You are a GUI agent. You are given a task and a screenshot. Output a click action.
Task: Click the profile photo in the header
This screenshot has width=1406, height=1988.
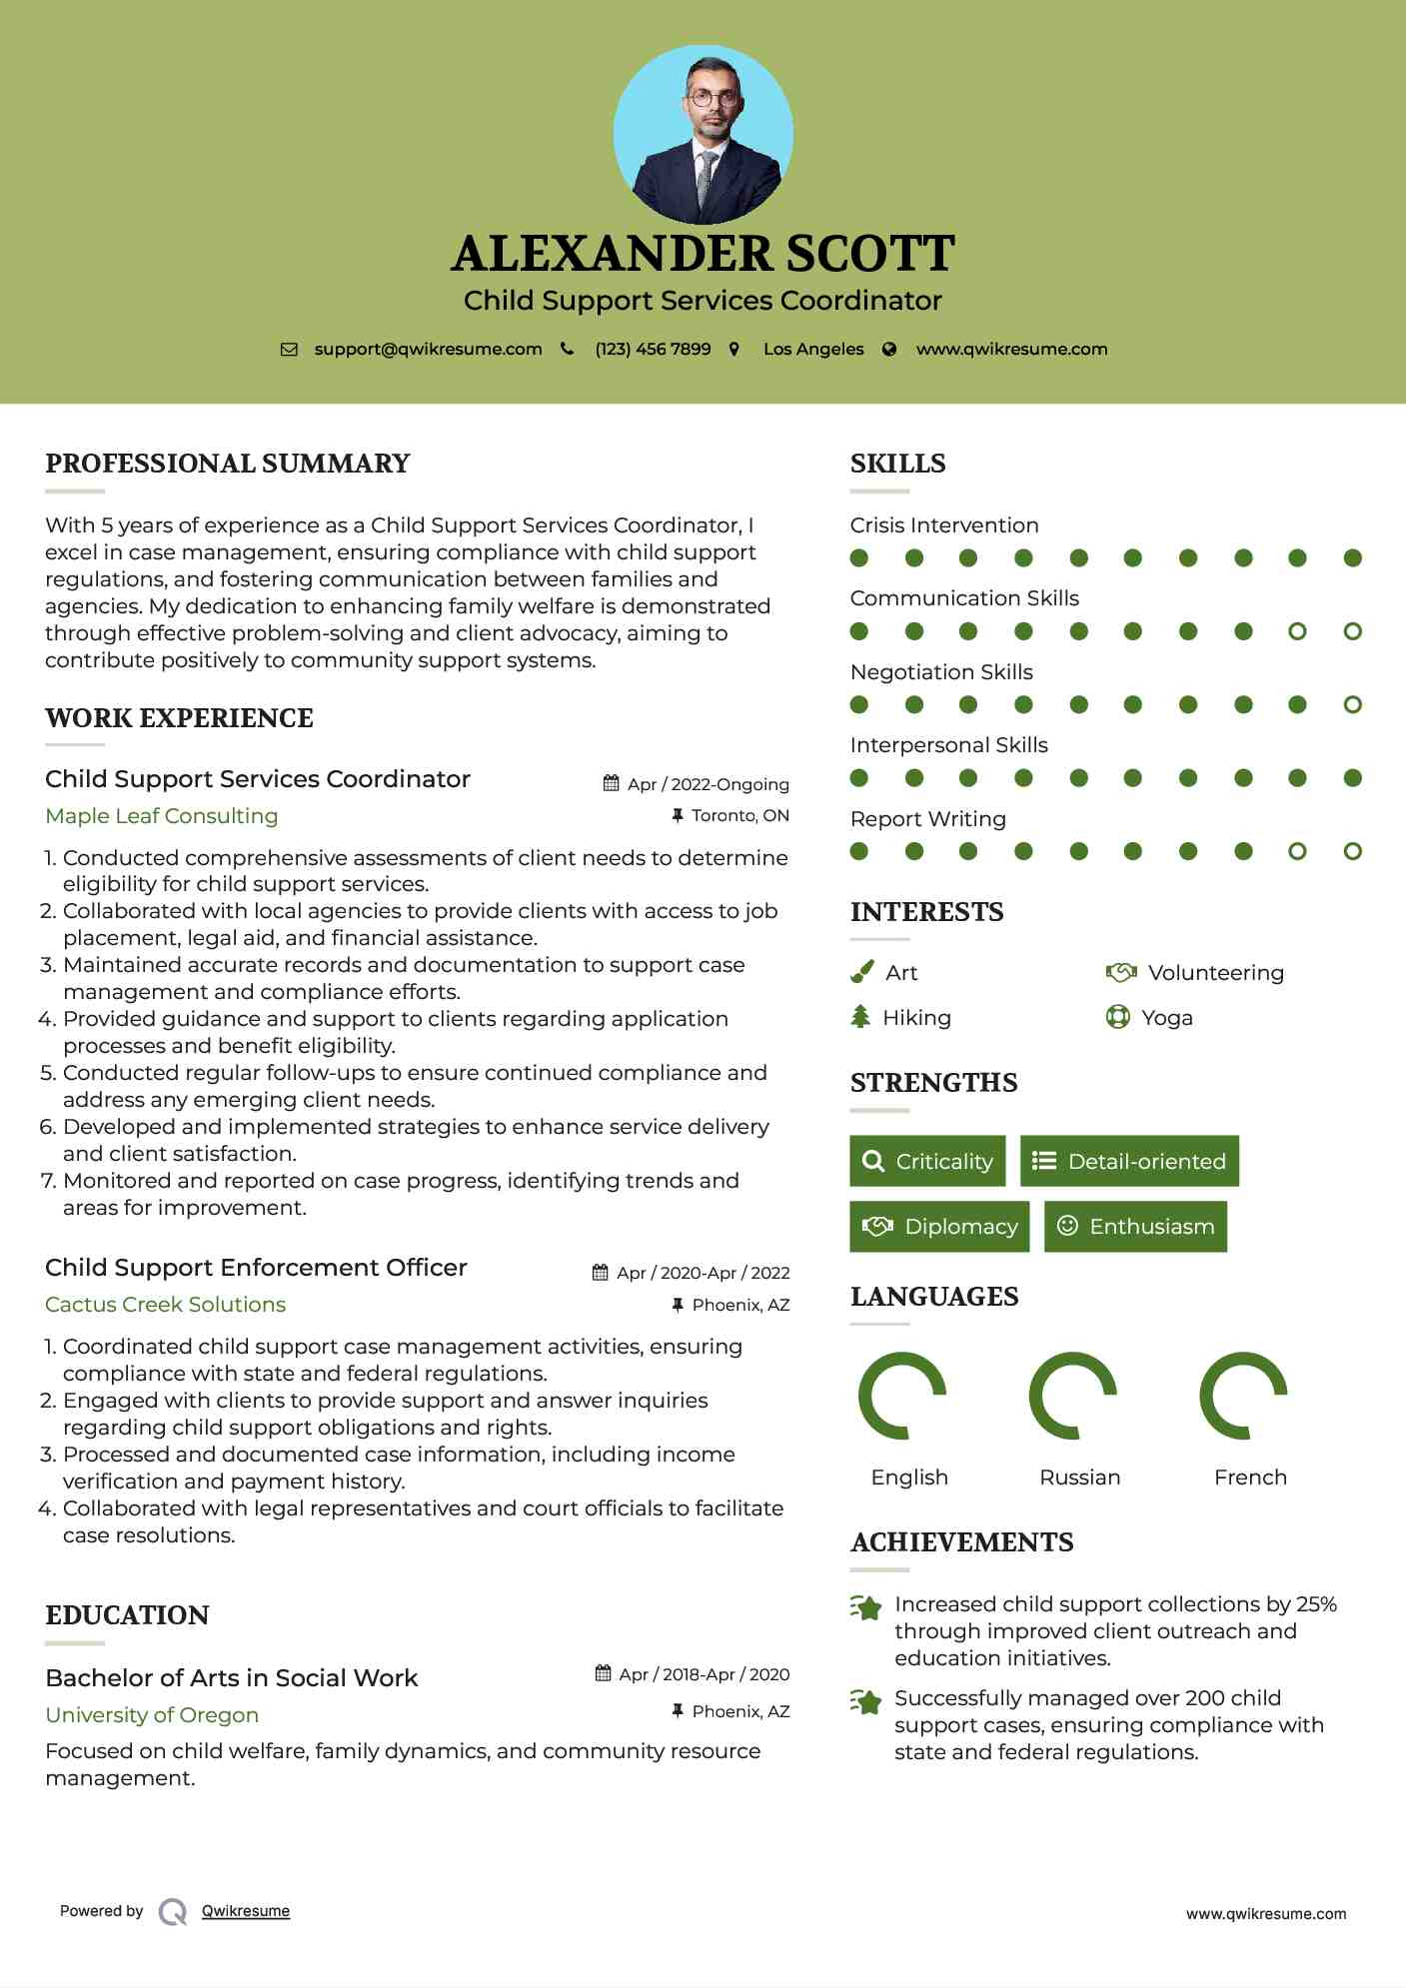click(703, 134)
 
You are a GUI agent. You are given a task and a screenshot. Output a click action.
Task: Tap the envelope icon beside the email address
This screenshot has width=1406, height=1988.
click(289, 350)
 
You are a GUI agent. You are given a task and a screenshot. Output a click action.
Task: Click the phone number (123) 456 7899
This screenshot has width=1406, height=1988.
click(653, 350)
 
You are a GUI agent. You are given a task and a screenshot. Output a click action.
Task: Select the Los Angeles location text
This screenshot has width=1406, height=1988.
click(813, 350)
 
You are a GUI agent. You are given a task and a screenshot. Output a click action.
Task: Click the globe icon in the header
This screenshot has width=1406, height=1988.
click(889, 350)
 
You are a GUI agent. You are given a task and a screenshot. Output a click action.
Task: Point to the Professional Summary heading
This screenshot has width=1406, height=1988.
click(228, 464)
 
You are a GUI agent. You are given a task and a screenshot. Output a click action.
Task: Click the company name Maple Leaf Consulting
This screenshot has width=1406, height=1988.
click(162, 816)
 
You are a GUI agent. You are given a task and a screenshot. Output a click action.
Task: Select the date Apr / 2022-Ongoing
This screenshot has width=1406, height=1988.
click(707, 784)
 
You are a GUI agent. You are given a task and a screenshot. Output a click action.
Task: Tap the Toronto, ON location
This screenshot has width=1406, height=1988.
click(739, 815)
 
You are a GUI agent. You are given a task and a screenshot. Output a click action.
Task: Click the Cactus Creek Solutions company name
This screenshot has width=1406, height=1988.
click(166, 1305)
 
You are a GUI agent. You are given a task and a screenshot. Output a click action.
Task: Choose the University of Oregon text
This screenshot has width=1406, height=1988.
click(152, 1715)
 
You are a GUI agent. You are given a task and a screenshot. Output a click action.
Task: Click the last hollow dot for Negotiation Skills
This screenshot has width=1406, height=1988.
click(1352, 705)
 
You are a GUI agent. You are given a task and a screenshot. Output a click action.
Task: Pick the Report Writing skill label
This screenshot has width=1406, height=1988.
click(928, 819)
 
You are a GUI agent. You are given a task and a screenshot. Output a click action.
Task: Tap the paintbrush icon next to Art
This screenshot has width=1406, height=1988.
click(861, 972)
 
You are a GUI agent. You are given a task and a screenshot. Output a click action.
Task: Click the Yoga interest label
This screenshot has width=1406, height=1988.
click(1167, 1018)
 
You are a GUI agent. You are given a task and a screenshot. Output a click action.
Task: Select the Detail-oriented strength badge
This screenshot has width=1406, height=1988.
click(1129, 1161)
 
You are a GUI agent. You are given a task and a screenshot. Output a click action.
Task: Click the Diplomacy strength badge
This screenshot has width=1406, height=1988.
click(939, 1227)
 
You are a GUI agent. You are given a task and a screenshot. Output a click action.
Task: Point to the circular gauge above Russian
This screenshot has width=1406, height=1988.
click(1073, 1396)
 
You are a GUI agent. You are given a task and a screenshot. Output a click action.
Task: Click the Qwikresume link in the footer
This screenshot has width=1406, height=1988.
click(246, 1911)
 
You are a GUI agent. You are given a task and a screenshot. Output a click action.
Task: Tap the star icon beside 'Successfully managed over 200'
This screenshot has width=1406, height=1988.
click(865, 1700)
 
